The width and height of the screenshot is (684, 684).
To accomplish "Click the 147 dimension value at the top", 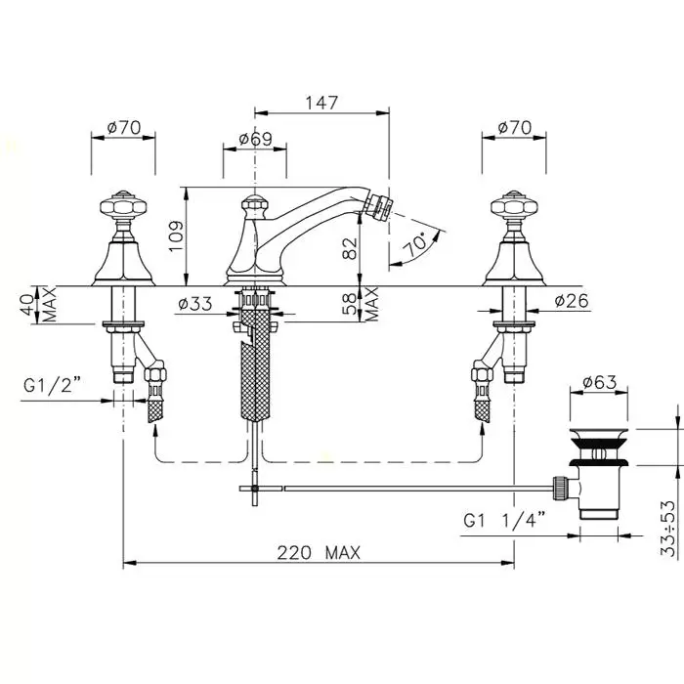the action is pyautogui.click(x=321, y=103).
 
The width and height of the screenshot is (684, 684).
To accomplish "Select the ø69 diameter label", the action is pyautogui.click(x=255, y=139).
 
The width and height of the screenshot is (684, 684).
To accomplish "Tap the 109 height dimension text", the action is pyautogui.click(x=176, y=236).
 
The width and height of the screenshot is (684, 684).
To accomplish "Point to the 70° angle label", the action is pyautogui.click(x=415, y=245).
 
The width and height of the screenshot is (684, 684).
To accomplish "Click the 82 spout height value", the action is pyautogui.click(x=350, y=248).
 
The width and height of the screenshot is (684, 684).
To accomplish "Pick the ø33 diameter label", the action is pyautogui.click(x=195, y=304).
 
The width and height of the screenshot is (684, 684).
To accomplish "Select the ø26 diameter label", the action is pyautogui.click(x=572, y=301).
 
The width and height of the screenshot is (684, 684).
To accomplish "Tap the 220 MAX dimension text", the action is pyautogui.click(x=319, y=553).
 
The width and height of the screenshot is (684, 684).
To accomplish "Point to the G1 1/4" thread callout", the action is pyautogui.click(x=504, y=521).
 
